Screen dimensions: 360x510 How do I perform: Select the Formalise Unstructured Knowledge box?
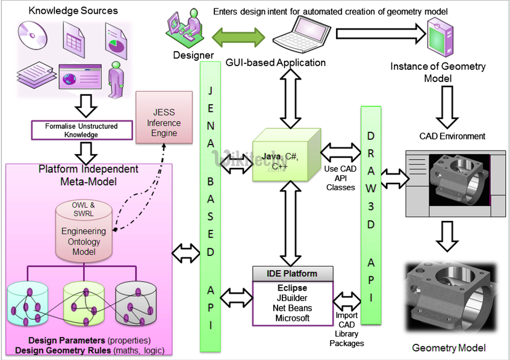81,130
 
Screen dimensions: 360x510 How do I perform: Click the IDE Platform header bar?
293,273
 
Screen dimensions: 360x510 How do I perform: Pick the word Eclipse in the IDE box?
293,288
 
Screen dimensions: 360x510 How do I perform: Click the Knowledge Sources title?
73,10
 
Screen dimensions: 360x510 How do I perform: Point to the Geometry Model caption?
449,347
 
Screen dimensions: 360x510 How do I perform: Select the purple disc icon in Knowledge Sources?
32,35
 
